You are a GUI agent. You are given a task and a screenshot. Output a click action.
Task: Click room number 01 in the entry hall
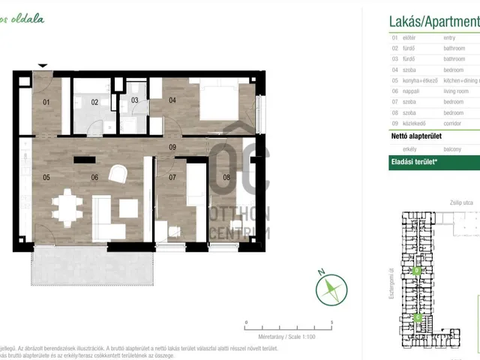46,102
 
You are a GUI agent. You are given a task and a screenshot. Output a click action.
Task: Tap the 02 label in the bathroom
95,102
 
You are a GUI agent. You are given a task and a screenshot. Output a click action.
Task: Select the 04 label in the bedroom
172,100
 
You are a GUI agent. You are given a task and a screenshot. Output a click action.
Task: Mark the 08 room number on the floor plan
226,178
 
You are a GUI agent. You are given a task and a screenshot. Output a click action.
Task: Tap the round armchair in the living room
118,174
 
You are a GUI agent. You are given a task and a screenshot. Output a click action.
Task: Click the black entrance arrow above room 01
43,66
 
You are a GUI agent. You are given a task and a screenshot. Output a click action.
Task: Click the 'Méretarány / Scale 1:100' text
288,337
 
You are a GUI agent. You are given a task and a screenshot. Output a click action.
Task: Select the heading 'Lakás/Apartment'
433,21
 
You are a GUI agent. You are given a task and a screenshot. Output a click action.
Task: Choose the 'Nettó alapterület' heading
415,136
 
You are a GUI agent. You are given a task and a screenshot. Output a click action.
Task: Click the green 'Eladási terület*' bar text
414,161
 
